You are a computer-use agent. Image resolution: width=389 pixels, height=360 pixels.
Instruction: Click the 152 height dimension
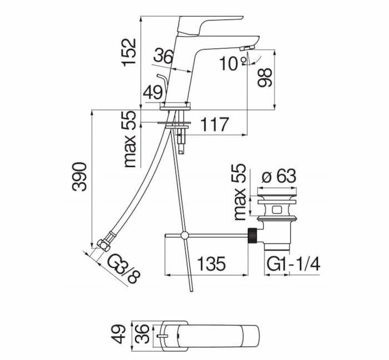(129, 52)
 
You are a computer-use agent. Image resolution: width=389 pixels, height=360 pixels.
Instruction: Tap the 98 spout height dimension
(265, 77)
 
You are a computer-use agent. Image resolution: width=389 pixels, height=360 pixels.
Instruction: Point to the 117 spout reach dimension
(215, 125)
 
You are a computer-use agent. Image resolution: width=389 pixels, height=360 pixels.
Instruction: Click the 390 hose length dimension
(79, 176)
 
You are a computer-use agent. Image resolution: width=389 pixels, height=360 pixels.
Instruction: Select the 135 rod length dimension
(212, 263)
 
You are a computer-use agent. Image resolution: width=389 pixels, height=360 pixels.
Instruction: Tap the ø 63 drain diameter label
(279, 176)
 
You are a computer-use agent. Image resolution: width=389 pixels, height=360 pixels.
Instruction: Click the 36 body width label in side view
(163, 56)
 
